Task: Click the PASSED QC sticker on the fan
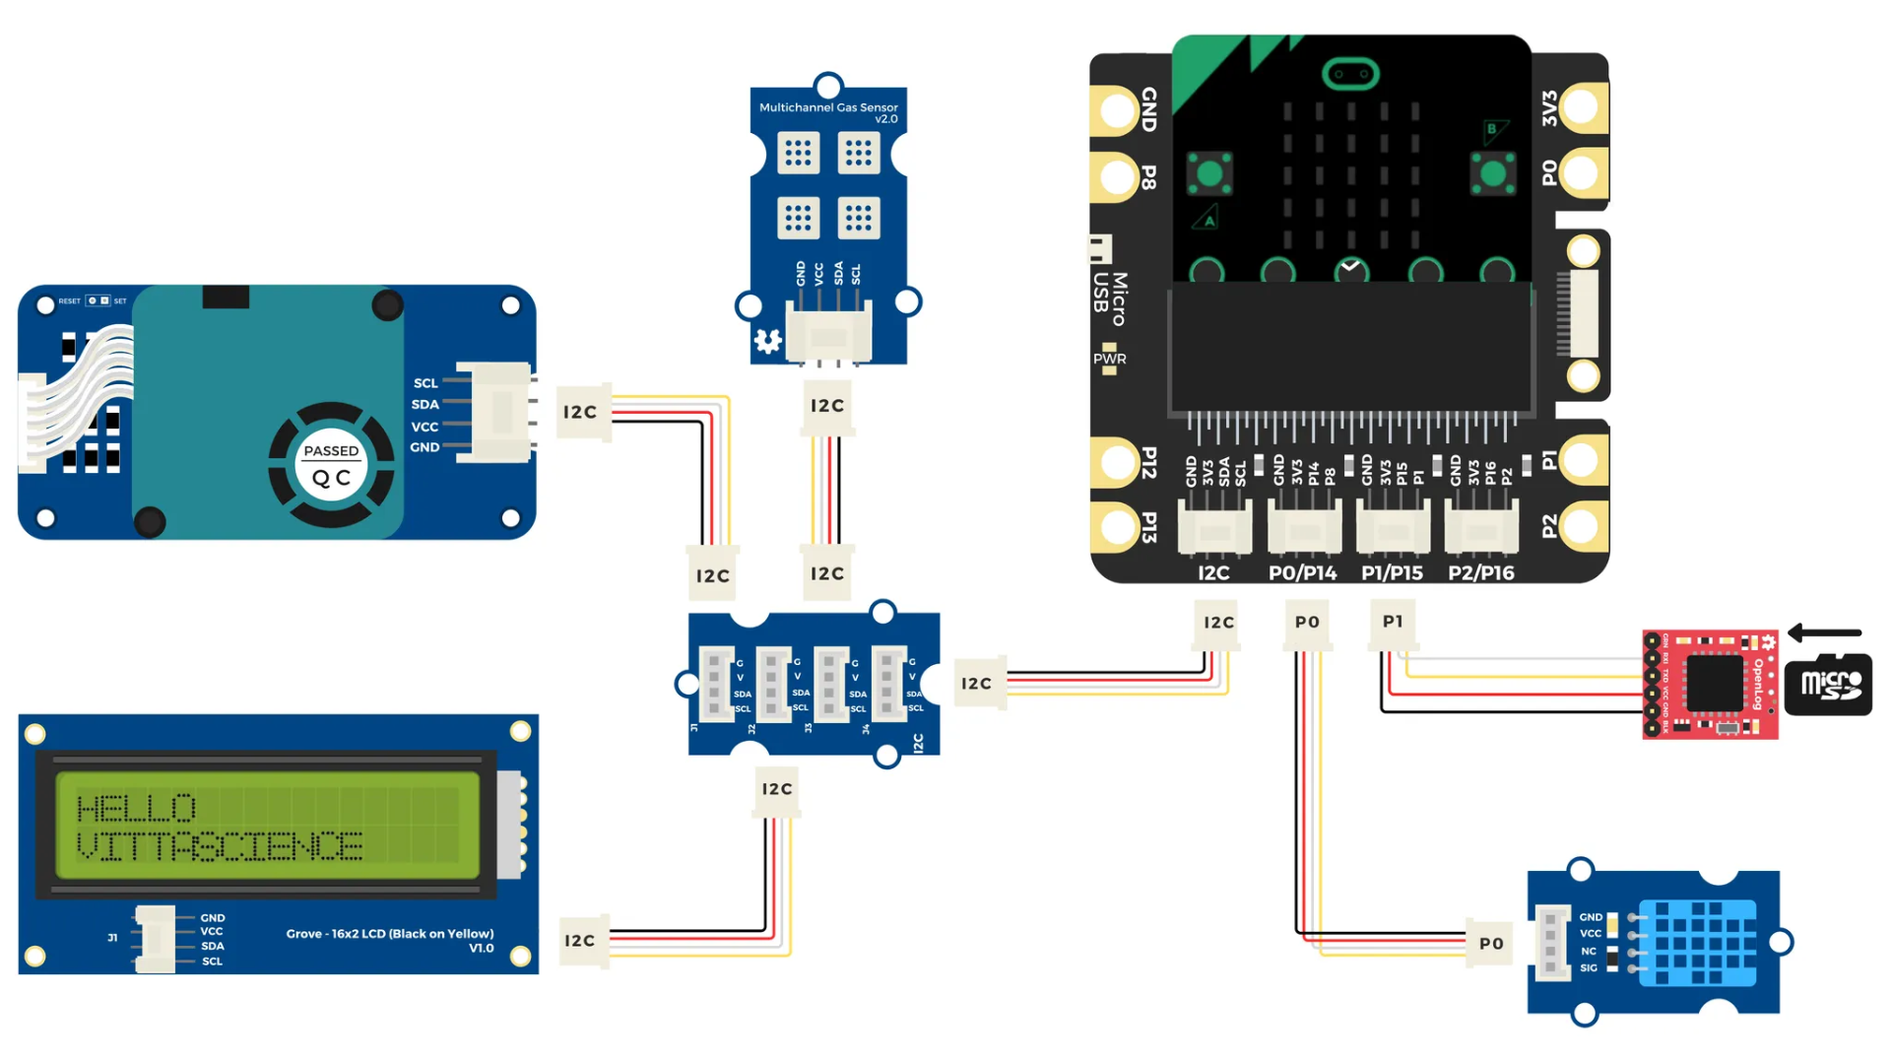(x=331, y=465)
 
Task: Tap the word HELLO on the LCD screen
(x=137, y=809)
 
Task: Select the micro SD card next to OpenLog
(x=1828, y=684)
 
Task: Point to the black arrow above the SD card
(x=1824, y=632)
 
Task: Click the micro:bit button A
(x=1209, y=174)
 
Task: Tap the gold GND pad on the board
(x=1119, y=108)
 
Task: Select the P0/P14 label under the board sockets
(x=1302, y=573)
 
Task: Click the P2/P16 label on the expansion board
(x=1480, y=573)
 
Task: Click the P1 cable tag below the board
(x=1393, y=622)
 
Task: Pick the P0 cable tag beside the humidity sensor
(x=1491, y=943)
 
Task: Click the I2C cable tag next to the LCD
(x=579, y=941)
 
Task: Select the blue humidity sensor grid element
(x=1704, y=943)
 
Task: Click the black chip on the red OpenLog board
(x=1715, y=683)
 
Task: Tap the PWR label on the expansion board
(x=1109, y=359)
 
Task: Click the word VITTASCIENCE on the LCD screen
(x=220, y=846)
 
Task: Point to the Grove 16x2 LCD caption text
(x=390, y=934)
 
